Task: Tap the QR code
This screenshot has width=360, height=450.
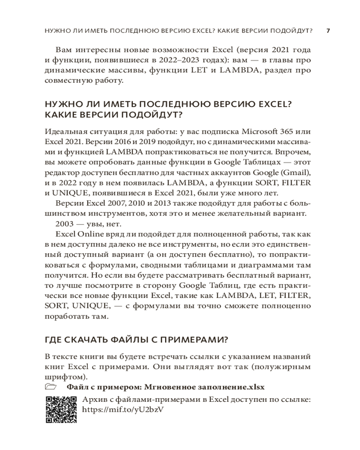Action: (x=61, y=409)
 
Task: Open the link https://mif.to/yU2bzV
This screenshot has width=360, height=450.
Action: (x=123, y=410)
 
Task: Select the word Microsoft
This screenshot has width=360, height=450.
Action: (x=261, y=131)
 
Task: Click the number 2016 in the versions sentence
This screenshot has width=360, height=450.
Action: (x=117, y=142)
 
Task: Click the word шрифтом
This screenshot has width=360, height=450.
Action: (x=65, y=377)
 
